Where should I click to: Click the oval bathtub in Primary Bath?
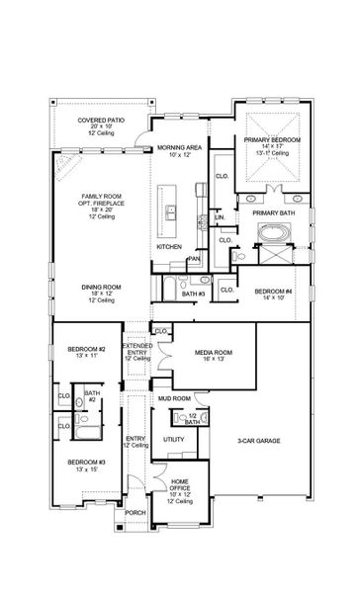click(x=271, y=233)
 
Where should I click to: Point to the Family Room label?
click(x=100, y=201)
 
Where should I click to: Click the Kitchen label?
click(x=169, y=246)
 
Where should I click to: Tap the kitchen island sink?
click(x=171, y=210)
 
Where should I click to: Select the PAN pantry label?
click(x=195, y=259)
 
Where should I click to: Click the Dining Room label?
click(x=100, y=288)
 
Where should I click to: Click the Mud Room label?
click(x=174, y=397)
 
